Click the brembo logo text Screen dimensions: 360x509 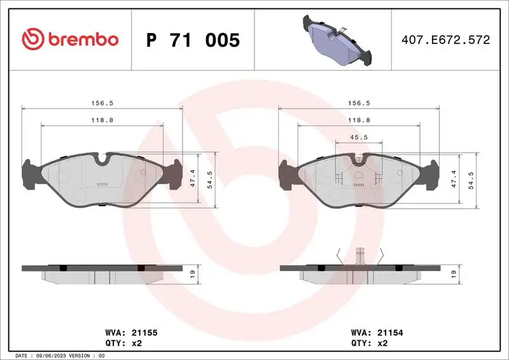81,39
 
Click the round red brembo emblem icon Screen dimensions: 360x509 31,39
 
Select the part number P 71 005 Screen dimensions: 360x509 193,41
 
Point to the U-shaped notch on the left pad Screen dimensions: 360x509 102,160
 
